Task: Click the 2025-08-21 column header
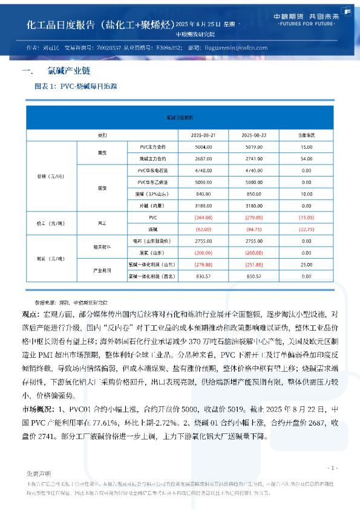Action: coord(203,135)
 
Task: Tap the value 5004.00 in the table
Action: coord(203,147)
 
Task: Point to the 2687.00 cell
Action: coord(203,158)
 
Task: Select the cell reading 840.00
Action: coord(203,194)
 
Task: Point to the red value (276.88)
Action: coord(203,265)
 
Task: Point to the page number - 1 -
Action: coord(332,468)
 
